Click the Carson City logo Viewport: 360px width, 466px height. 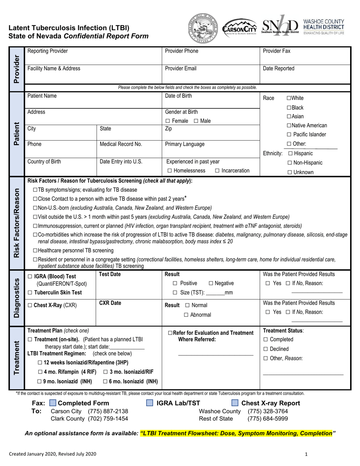point(239,28)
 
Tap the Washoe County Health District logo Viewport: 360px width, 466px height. point(324,27)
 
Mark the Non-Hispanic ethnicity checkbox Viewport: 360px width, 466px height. point(290,163)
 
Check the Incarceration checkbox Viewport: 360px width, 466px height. point(217,170)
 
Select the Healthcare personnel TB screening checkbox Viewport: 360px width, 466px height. point(35,250)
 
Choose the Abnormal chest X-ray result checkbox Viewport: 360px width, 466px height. point(186,315)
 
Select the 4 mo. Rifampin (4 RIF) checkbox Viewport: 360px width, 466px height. point(40,372)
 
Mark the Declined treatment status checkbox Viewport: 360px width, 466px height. point(266,349)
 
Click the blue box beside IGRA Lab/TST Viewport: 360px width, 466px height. point(150,403)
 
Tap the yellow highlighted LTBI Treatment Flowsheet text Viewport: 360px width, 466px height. point(236,433)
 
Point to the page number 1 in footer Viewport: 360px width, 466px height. point(307,454)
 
